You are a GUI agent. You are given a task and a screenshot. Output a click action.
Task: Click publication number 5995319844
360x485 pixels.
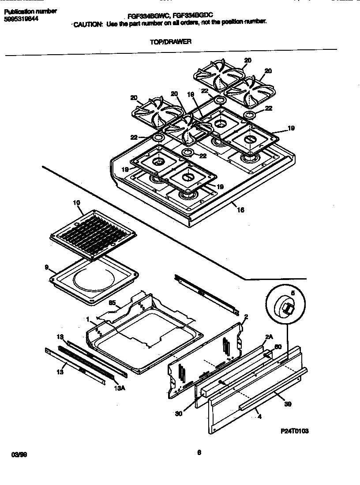[21, 19]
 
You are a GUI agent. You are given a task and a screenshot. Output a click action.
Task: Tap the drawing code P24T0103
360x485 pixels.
[294, 431]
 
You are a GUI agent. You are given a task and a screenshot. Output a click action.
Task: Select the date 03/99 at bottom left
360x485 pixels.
[16, 454]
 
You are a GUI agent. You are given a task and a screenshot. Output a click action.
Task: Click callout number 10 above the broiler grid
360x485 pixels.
[76, 203]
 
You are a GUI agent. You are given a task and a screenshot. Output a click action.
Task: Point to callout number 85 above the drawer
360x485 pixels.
[112, 303]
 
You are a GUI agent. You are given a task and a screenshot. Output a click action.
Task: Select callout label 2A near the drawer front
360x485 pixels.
[268, 336]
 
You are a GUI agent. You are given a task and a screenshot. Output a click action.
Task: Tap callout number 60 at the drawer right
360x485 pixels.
[278, 347]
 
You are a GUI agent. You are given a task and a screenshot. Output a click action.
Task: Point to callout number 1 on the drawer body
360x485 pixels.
[88, 318]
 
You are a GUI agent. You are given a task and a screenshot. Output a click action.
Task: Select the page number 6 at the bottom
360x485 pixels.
[199, 451]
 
